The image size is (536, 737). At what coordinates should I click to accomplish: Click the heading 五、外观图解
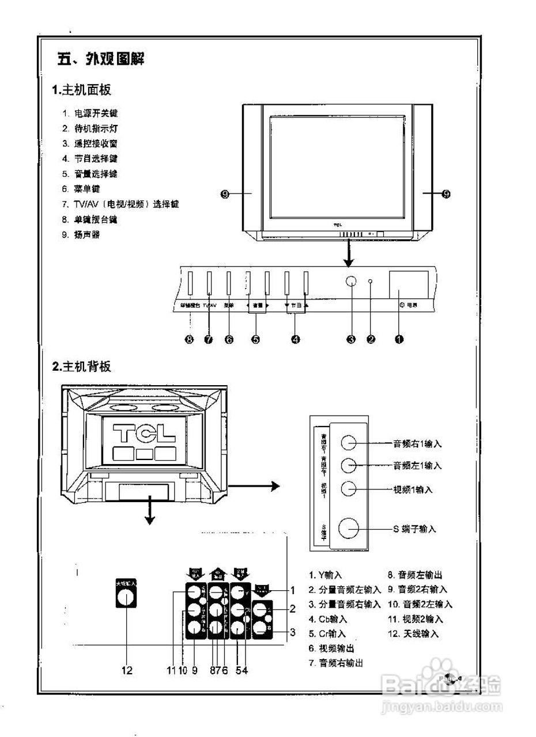100,59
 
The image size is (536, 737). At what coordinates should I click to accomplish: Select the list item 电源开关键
95,113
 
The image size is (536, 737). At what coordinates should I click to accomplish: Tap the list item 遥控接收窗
95,143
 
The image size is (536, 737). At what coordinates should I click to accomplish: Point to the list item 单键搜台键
95,219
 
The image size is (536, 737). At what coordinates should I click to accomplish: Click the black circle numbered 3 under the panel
351,339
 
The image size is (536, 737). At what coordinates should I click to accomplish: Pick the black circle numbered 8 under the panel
189,339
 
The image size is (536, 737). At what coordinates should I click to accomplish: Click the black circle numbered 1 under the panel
398,339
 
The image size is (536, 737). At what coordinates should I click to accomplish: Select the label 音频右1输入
417,443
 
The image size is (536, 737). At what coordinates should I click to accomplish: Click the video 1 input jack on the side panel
349,488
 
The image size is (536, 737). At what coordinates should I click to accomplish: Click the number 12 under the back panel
127,670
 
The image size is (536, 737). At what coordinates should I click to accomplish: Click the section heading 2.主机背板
81,366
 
